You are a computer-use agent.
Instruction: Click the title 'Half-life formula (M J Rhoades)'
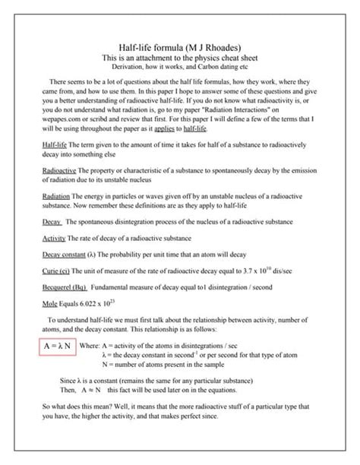[179, 46]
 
